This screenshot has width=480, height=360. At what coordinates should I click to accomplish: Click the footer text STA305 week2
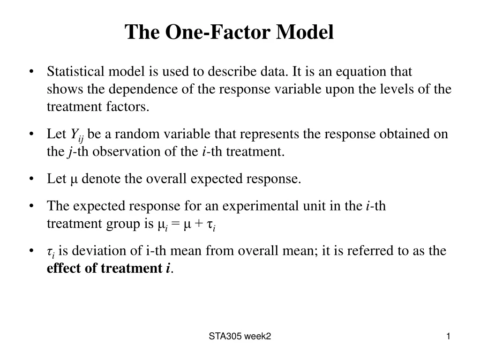[x=240, y=336]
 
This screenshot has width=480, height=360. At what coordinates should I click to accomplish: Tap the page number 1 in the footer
[x=448, y=336]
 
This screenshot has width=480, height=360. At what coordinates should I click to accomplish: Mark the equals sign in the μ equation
[x=175, y=224]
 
